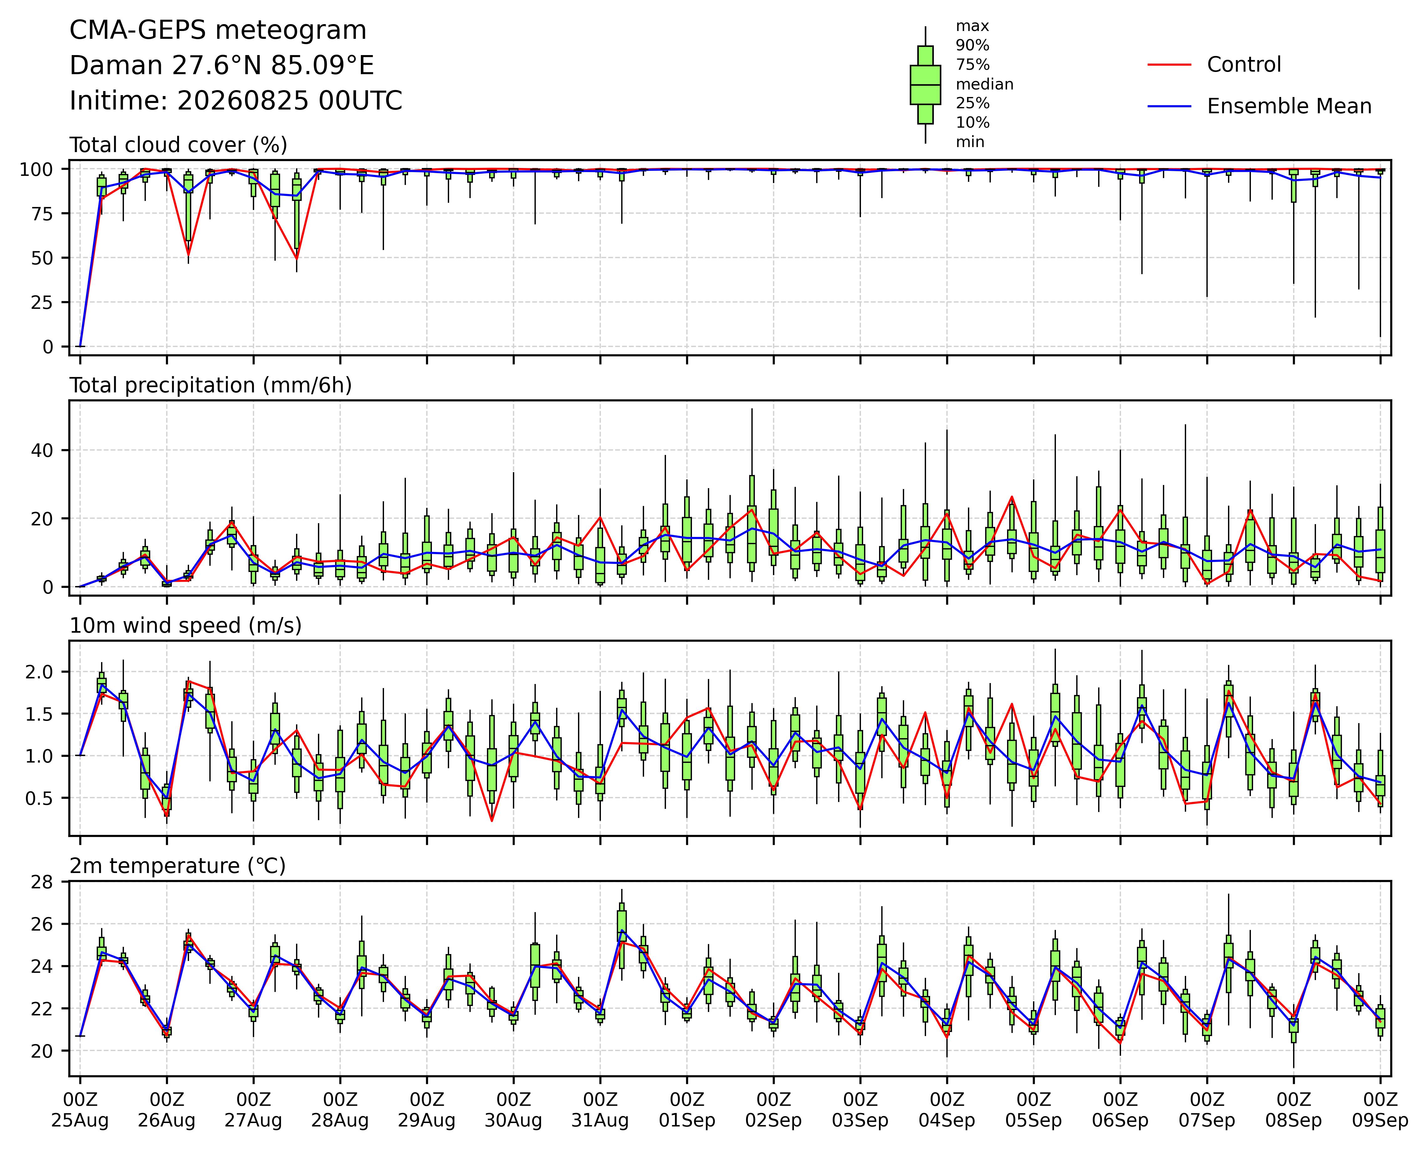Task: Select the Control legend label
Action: pyautogui.click(x=1244, y=65)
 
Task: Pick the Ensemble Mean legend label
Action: pyautogui.click(x=1289, y=107)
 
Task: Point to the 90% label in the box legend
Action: pyautogui.click(x=972, y=46)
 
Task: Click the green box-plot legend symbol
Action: pyautogui.click(x=925, y=85)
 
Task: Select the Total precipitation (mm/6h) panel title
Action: pyautogui.click(x=211, y=386)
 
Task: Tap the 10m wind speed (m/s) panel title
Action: pyautogui.click(x=186, y=626)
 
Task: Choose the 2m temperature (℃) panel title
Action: pyautogui.click(x=177, y=866)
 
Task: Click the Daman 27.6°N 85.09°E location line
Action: pyautogui.click(x=222, y=66)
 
